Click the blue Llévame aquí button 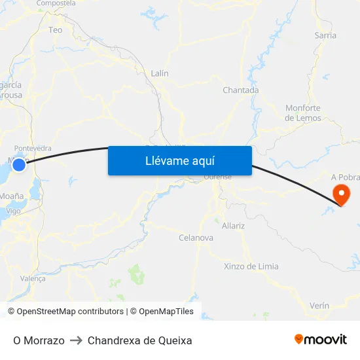pyautogui.click(x=180, y=160)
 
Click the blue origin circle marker pyautogui.click(x=19, y=165)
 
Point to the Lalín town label pyautogui.click(x=160, y=74)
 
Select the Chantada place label pyautogui.click(x=240, y=90)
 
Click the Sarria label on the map pyautogui.click(x=325, y=35)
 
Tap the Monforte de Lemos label pyautogui.click(x=303, y=113)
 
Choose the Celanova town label pyautogui.click(x=196, y=238)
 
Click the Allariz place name pyautogui.click(x=233, y=226)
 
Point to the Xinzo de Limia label pyautogui.click(x=251, y=266)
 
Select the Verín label pyautogui.click(x=319, y=306)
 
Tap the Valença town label pyautogui.click(x=33, y=278)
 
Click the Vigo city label pyautogui.click(x=14, y=211)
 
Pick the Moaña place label pyautogui.click(x=12, y=196)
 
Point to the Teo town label pyautogui.click(x=56, y=30)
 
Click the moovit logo pyautogui.click(x=320, y=340)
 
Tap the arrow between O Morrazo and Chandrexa pyautogui.click(x=76, y=340)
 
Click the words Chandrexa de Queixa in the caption pyautogui.click(x=139, y=340)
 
